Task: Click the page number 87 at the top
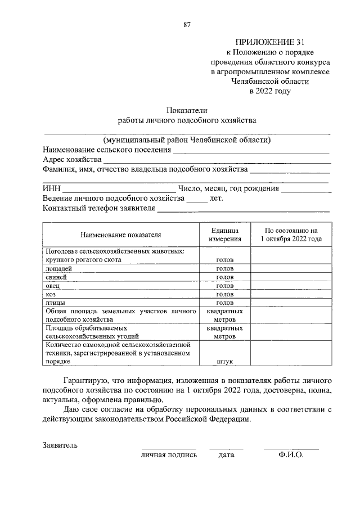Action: [x=187, y=24]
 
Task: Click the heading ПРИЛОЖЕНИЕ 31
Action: [x=271, y=42]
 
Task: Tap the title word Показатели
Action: [x=187, y=110]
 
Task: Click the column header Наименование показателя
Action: [x=120, y=235]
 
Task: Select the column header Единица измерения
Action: [x=225, y=235]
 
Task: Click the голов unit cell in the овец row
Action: [x=225, y=286]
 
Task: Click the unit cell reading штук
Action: [x=225, y=363]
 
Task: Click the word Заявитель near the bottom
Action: [x=60, y=445]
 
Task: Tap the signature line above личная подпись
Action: [x=168, y=448]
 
